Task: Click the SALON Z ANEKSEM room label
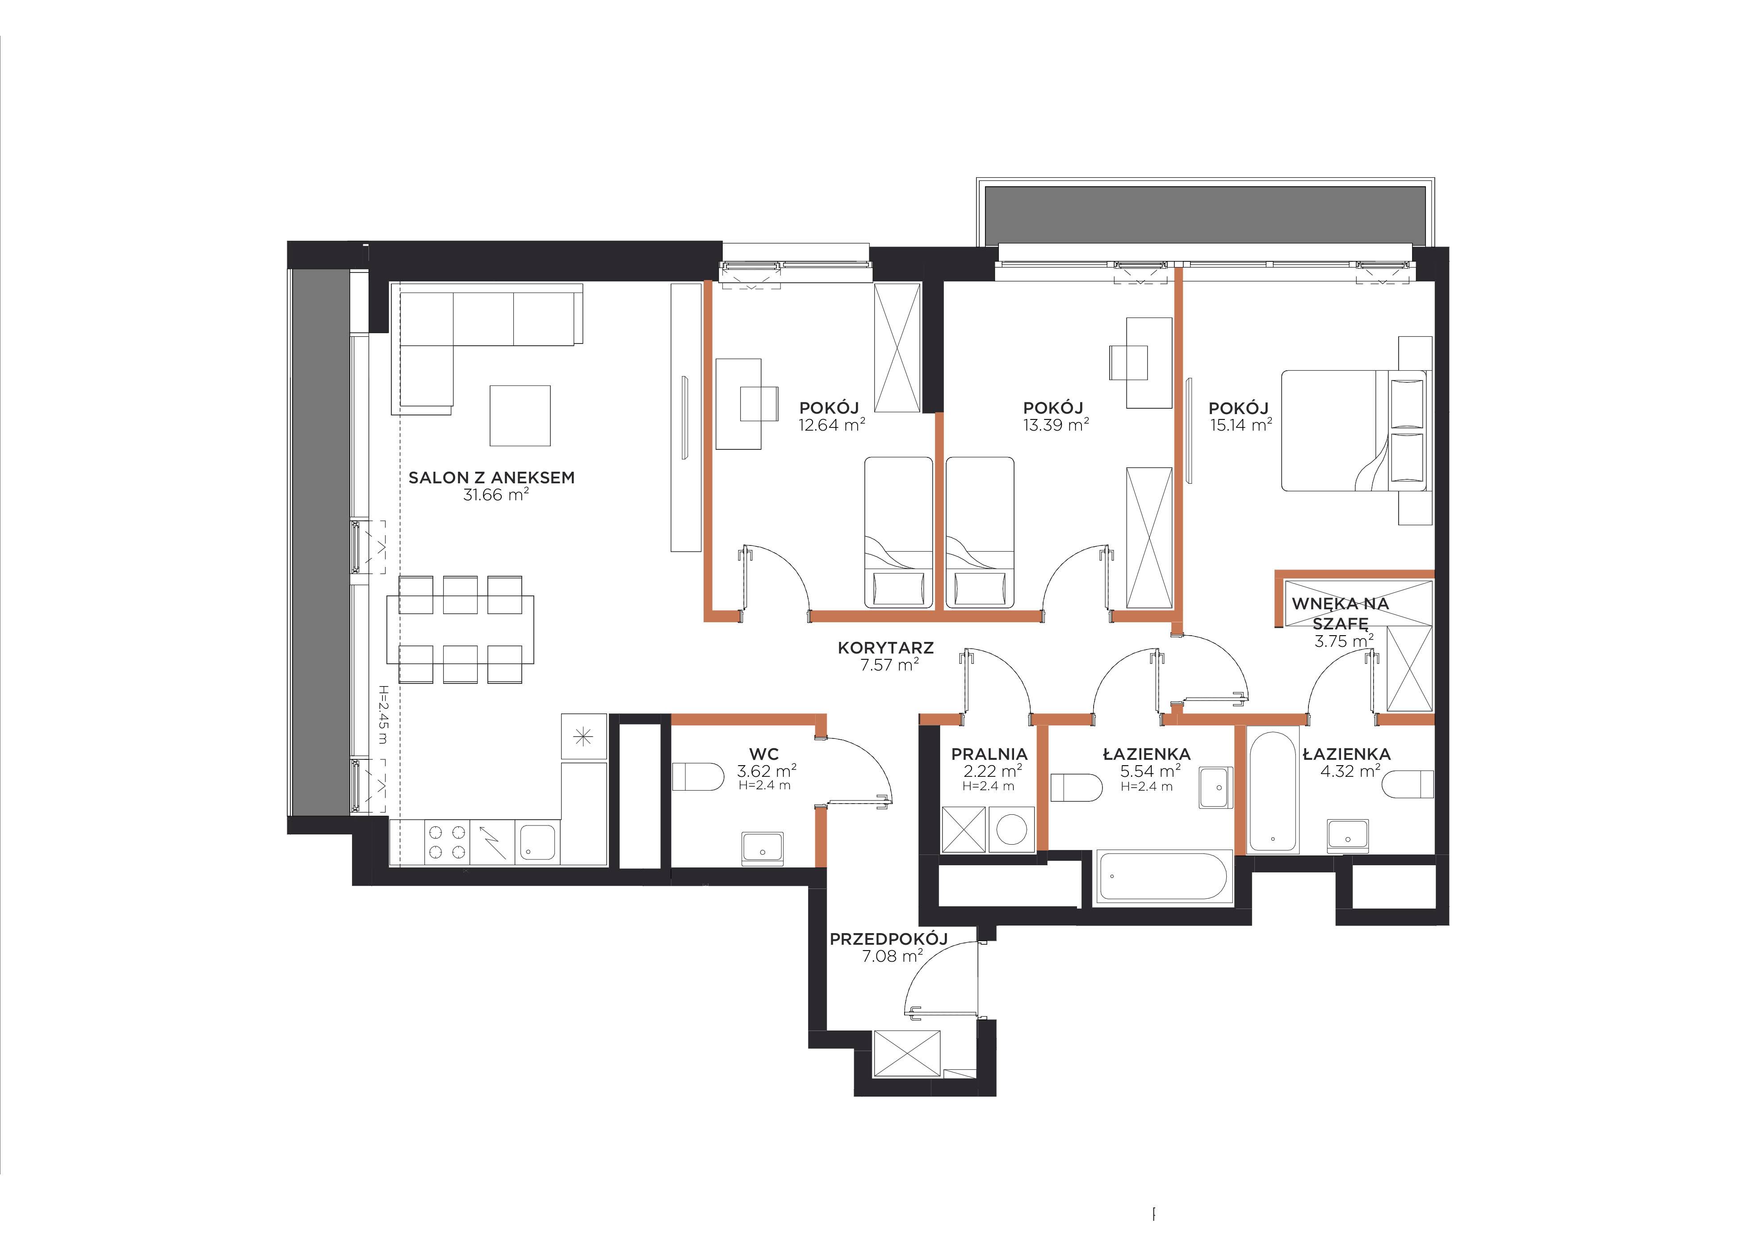click(491, 478)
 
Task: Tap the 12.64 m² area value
click(832, 424)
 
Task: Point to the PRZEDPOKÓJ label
click(889, 939)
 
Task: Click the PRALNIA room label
click(989, 754)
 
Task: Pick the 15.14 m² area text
click(1241, 424)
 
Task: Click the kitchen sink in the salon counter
click(538, 842)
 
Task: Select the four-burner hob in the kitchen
click(446, 842)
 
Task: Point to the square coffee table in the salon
click(520, 415)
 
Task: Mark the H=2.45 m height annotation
click(383, 715)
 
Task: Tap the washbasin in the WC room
click(762, 848)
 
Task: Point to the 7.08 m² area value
click(892, 956)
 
